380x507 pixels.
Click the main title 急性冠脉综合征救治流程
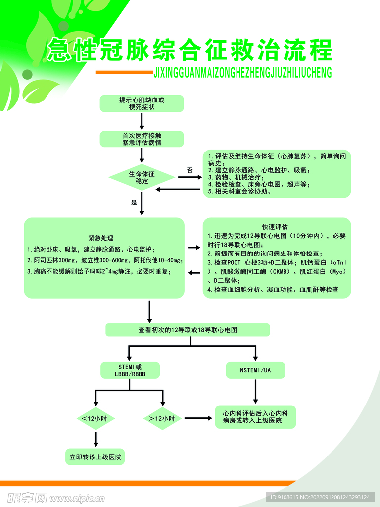tap(190, 51)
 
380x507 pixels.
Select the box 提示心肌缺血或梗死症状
tap(142, 103)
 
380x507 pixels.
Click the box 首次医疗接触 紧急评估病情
tap(142, 139)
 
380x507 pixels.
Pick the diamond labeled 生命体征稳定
tap(142, 177)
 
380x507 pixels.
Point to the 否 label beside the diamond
tap(190, 170)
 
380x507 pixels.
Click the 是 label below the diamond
tap(134, 203)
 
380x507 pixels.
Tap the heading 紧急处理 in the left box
tap(101, 238)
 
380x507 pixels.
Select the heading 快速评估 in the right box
tap(275, 226)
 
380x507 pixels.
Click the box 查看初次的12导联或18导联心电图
tap(188, 330)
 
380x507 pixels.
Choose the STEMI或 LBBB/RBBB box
tap(130, 370)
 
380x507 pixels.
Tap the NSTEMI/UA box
tap(255, 370)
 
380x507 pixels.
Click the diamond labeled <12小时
tap(95, 419)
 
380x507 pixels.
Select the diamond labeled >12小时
tap(162, 419)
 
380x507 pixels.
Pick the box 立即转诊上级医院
tap(95, 456)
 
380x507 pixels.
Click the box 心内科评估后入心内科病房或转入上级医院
tap(255, 417)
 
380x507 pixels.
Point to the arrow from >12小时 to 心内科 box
tap(198, 419)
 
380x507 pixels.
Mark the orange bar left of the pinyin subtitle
tap(124, 72)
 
